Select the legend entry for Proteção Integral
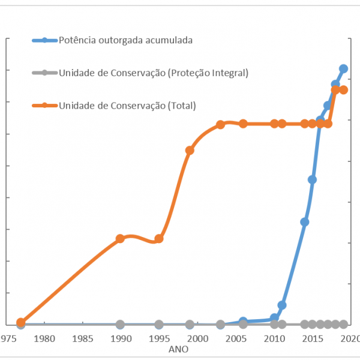(153, 73)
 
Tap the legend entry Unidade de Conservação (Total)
(127, 105)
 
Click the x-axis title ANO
(178, 349)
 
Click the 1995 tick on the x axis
(159, 338)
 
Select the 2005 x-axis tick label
(236, 338)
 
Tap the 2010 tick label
(274, 338)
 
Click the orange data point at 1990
(120, 238)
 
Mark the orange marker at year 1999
(190, 150)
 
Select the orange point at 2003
(220, 124)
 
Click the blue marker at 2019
(343, 68)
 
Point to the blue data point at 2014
(305, 222)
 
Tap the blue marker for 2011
(282, 305)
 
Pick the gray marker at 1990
(120, 324)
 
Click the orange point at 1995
(159, 238)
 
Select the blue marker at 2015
(313, 179)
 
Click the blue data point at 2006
(243, 322)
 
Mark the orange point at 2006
(243, 124)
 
